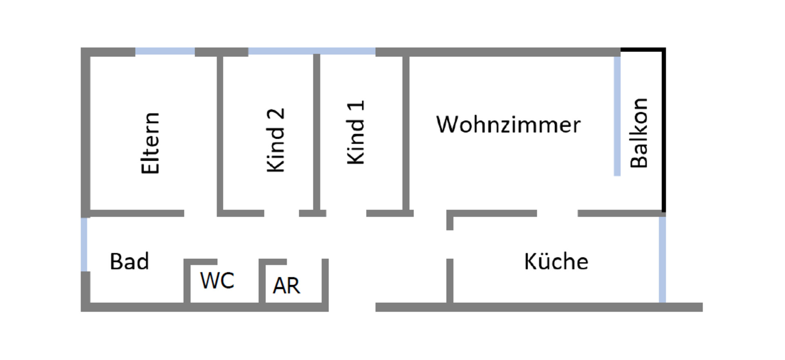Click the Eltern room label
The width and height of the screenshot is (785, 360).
click(x=150, y=143)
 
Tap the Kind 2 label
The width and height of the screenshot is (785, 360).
click(x=276, y=140)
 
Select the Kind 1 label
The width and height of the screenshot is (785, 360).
click(x=356, y=133)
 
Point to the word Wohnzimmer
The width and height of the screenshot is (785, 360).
click(x=508, y=125)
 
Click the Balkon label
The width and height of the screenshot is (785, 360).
click(x=639, y=133)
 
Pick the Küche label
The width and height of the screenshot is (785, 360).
click(x=556, y=261)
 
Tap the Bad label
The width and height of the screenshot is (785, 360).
click(x=129, y=261)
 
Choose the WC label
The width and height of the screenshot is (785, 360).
click(x=217, y=281)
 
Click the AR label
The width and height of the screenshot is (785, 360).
click(x=287, y=286)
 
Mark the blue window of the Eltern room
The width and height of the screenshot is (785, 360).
click(x=165, y=52)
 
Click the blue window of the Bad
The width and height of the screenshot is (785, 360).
click(x=84, y=244)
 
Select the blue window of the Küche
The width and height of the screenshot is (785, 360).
click(x=662, y=259)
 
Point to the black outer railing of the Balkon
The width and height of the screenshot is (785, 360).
click(x=663, y=131)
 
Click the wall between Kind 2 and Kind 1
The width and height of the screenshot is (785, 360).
click(x=316, y=131)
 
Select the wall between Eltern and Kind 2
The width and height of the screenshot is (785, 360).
click(x=220, y=131)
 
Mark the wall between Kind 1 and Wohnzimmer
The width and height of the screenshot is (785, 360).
click(x=406, y=131)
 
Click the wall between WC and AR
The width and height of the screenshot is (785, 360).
click(x=262, y=282)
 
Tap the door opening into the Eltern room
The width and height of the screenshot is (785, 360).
click(x=200, y=213)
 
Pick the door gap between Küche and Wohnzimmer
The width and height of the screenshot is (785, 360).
click(x=557, y=213)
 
